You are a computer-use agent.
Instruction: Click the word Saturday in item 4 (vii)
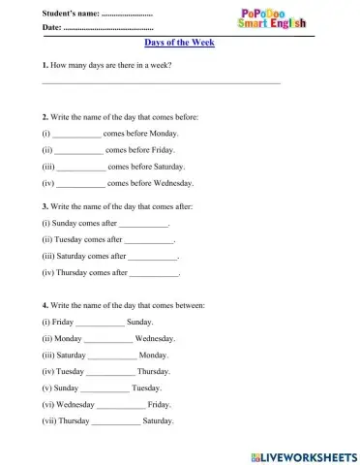(158, 422)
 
